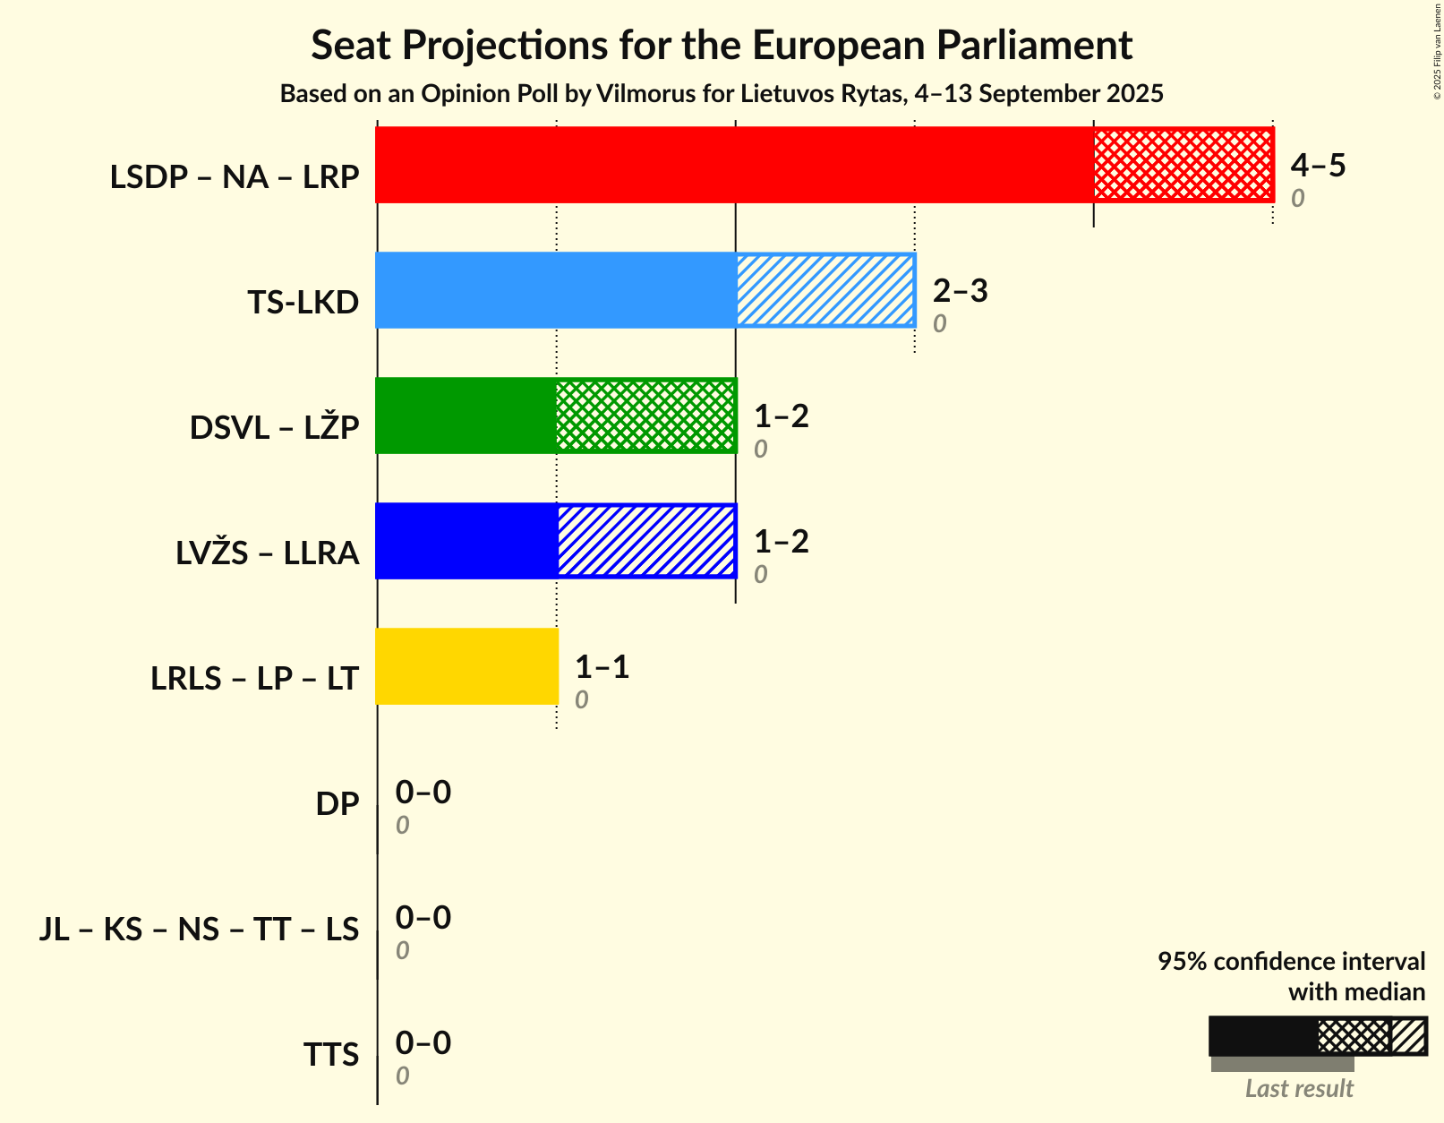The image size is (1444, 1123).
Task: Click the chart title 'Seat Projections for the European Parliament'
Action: (x=722, y=45)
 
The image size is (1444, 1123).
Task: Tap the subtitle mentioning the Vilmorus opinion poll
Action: (x=722, y=94)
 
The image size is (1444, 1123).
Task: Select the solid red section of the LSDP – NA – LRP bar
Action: (x=734, y=165)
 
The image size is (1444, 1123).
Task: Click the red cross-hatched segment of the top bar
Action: (x=1183, y=165)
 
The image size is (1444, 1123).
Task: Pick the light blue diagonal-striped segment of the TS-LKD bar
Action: (x=825, y=290)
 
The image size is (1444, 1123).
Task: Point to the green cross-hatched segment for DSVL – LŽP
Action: (x=645, y=416)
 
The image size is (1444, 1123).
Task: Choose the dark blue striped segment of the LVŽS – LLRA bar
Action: (x=645, y=541)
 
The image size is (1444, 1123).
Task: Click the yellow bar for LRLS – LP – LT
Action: (x=466, y=666)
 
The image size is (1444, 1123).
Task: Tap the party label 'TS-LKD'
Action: (x=303, y=303)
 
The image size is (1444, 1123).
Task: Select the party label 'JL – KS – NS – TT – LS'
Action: (x=200, y=930)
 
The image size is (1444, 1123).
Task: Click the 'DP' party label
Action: (x=338, y=804)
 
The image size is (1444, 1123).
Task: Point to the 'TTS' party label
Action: (x=331, y=1055)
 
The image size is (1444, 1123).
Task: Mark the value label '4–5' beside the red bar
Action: (x=1318, y=165)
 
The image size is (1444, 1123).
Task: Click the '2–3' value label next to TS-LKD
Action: (x=960, y=290)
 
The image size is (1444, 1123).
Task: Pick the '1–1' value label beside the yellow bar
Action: (x=602, y=666)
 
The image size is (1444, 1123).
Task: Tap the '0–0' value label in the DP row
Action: (x=423, y=792)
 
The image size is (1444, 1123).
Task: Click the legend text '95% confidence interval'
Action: (x=1291, y=962)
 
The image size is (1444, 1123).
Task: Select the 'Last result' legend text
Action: (x=1299, y=1089)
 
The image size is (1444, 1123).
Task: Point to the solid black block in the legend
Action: (x=1263, y=1036)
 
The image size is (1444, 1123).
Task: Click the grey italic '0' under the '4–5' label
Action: (x=1297, y=199)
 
